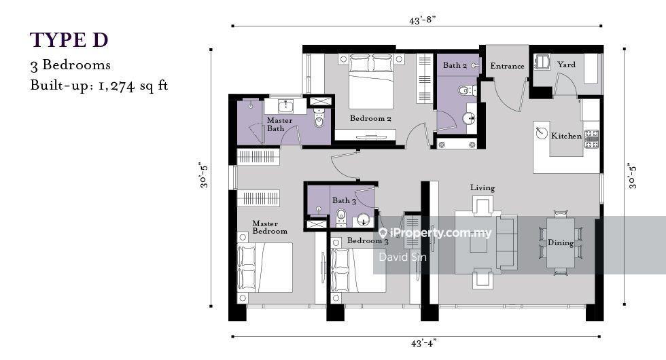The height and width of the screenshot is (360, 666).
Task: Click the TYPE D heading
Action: [x=69, y=40]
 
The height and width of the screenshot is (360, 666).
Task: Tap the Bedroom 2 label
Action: [x=370, y=118]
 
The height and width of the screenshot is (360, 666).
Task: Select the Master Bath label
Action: [x=279, y=124]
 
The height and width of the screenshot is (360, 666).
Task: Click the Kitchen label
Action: [x=566, y=136]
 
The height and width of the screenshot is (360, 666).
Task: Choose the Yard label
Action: [x=566, y=65]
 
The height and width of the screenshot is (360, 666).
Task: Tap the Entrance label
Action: [x=507, y=66]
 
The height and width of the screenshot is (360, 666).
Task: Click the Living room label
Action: [x=483, y=188]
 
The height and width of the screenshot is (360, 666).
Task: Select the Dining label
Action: [x=561, y=242]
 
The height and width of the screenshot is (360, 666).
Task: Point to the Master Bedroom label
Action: [x=270, y=227]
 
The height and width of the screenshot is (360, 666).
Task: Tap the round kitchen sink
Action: [x=541, y=132]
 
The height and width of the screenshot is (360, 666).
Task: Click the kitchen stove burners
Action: [x=592, y=139]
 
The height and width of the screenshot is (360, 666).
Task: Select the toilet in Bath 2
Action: [x=464, y=90]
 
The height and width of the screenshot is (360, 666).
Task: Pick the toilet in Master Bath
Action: [x=319, y=120]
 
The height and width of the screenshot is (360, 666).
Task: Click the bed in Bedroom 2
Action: [x=371, y=82]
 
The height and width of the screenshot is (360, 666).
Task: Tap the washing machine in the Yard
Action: [x=542, y=62]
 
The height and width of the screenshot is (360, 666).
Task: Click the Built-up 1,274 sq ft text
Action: [x=99, y=86]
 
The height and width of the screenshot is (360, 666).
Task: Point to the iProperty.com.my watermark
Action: [x=435, y=233]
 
